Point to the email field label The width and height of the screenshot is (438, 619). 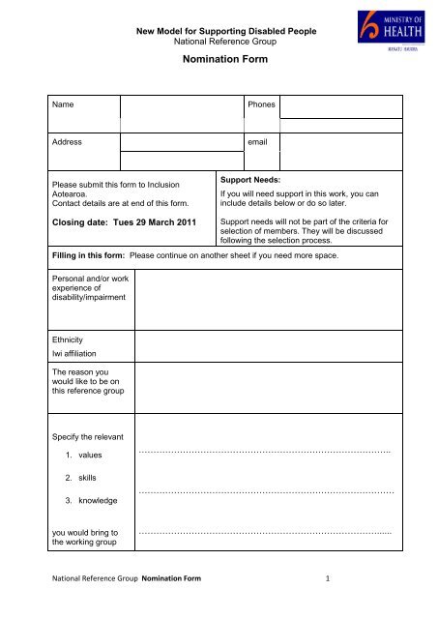click(x=259, y=141)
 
